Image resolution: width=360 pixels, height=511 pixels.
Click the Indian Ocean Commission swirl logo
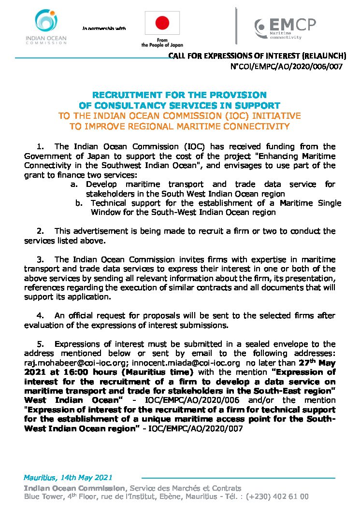coord(46,22)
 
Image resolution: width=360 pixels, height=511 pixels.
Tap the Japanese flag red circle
coord(162,22)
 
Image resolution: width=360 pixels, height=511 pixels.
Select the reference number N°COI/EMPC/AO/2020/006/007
coord(287,66)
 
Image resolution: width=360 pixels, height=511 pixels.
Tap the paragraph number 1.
coord(40,146)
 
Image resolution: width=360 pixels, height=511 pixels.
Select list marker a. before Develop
coord(74,184)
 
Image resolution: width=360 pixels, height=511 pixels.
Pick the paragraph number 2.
coord(40,231)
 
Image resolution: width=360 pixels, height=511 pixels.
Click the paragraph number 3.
coord(40,259)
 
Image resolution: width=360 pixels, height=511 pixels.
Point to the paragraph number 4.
coord(40,316)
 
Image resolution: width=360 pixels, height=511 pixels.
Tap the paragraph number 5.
coord(40,344)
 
